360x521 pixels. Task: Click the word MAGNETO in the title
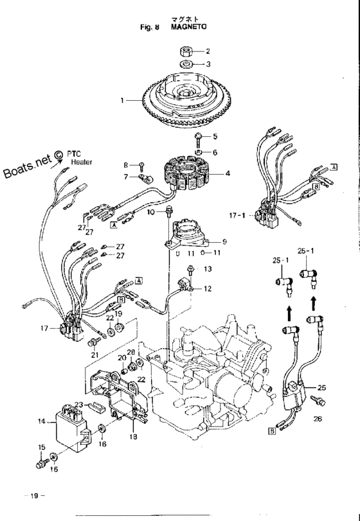coord(188,26)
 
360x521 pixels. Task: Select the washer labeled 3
coord(186,64)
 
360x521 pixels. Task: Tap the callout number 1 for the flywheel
coord(122,100)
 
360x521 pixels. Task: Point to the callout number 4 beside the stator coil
coord(228,173)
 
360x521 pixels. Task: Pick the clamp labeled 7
coord(145,178)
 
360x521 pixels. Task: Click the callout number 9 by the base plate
coord(224,242)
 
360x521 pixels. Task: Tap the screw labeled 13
coord(190,269)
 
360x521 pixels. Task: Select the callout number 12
coord(208,288)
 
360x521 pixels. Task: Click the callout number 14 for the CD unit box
coord(42,421)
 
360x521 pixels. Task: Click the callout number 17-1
coord(237,215)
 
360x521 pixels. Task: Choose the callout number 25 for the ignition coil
coord(321,387)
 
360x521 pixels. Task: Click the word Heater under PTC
coord(82,162)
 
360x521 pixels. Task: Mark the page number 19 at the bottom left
coord(34,496)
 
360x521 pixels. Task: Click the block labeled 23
coord(96,407)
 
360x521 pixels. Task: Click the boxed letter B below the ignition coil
coord(272,431)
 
